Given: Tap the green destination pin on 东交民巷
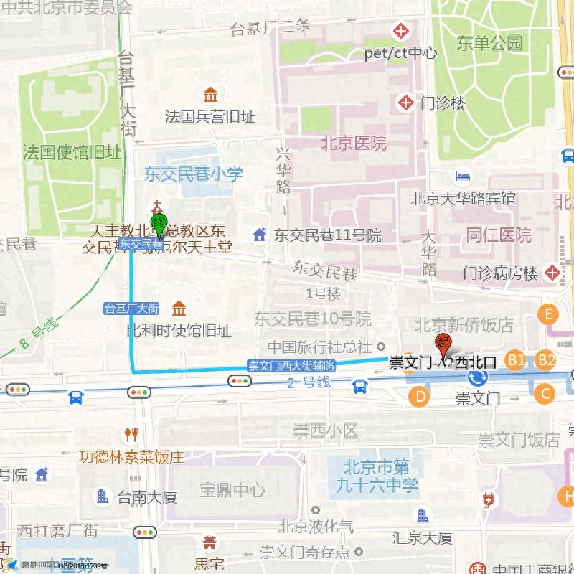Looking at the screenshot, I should (x=159, y=222).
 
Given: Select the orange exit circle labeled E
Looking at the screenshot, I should (x=549, y=314).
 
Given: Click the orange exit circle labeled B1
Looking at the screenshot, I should (x=515, y=360).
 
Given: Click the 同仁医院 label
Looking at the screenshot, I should (x=499, y=235).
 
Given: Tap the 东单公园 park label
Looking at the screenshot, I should (x=492, y=44).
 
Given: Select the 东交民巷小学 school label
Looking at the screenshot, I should (x=194, y=174).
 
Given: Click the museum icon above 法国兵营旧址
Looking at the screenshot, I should (x=210, y=95).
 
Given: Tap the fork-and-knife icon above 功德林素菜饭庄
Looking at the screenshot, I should (x=131, y=434).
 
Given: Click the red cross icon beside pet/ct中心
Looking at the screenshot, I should (x=400, y=32).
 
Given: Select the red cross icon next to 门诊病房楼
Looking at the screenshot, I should (x=552, y=273).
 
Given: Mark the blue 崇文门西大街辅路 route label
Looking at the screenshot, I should (x=291, y=365).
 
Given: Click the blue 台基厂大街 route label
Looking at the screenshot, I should (x=131, y=309).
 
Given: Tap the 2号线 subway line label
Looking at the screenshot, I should (x=308, y=382).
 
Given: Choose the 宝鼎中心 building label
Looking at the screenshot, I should (x=232, y=491).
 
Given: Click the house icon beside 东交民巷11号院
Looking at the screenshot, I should (x=259, y=235).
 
